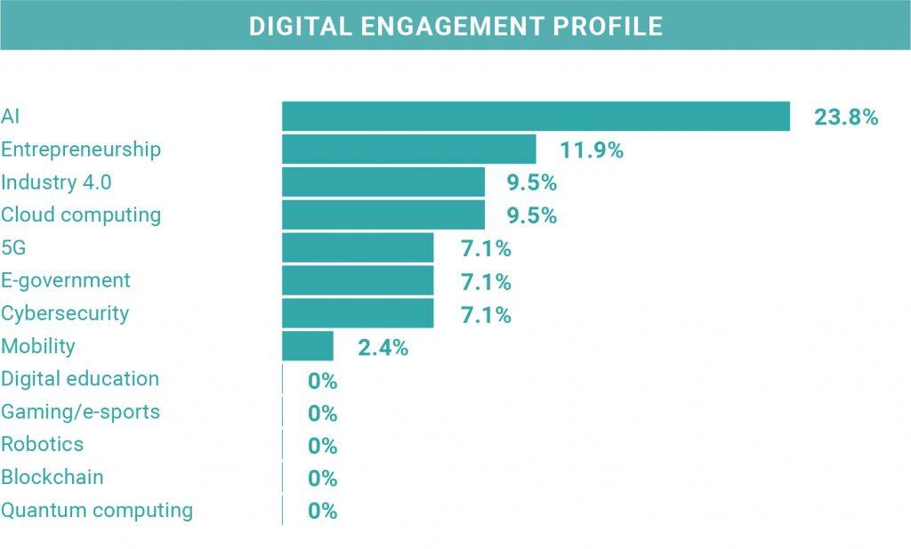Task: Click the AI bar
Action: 536,117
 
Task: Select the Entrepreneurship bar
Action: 408,149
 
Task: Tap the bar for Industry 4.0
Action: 383,182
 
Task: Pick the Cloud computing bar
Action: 383,215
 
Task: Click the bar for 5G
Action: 358,248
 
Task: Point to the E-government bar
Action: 358,281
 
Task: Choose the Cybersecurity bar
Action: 358,314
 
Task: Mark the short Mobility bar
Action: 307,347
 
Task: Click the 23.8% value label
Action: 846,117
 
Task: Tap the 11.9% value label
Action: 592,150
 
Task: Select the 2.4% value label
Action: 383,348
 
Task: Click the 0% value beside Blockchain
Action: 322,479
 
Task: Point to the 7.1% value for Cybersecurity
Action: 486,315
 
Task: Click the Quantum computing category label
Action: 97,511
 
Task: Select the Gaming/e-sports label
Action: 80,412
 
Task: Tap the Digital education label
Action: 80,379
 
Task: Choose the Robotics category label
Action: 43,444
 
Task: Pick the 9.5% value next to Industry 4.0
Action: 531,183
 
